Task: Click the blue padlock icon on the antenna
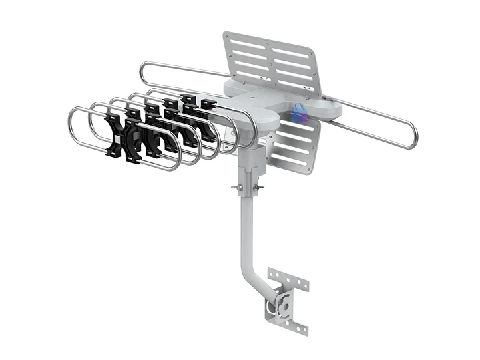pyautogui.click(x=299, y=112)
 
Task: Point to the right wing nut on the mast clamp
pyautogui.click(x=259, y=188)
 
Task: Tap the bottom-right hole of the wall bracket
pyautogui.click(x=304, y=328)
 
